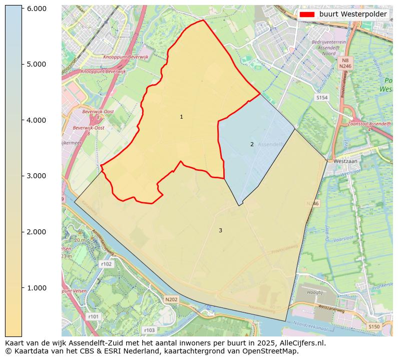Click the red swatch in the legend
click(x=306, y=15)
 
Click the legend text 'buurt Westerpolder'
click(x=353, y=15)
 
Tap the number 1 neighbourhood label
click(x=181, y=117)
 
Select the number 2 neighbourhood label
click(x=252, y=145)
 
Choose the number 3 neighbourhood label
click(x=220, y=230)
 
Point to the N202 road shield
click(x=171, y=299)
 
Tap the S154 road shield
click(x=322, y=98)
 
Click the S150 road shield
click(x=374, y=326)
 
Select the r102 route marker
click(x=106, y=264)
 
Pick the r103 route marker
click(x=149, y=330)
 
